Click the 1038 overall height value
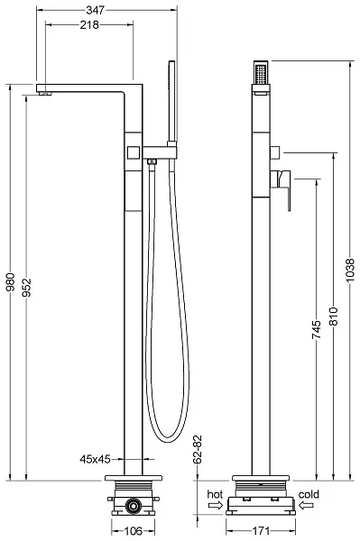coord(350,279)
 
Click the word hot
coord(215,495)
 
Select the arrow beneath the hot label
coord(215,508)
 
